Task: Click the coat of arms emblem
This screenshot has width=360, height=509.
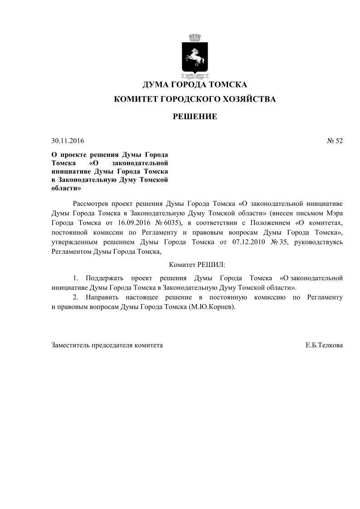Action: click(x=195, y=54)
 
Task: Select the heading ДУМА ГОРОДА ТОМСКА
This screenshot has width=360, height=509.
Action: click(x=195, y=85)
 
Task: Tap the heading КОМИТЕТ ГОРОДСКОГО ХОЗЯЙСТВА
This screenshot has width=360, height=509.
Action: click(x=195, y=99)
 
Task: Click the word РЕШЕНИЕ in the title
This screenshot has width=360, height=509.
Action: click(x=195, y=117)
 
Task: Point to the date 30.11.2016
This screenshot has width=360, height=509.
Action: click(x=68, y=141)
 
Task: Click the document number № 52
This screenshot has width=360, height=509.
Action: click(x=335, y=141)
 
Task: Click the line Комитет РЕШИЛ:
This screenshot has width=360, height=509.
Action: click(x=197, y=264)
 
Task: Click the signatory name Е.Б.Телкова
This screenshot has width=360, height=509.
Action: click(x=324, y=345)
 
